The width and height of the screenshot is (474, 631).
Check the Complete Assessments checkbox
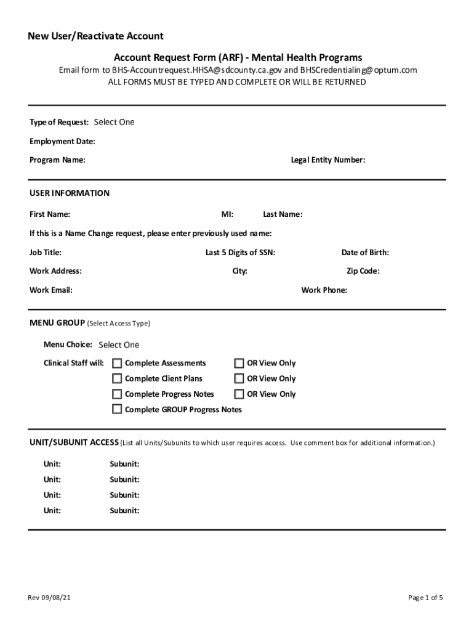(x=117, y=364)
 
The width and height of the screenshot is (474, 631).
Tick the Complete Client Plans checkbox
(x=117, y=379)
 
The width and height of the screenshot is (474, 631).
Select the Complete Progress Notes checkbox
(x=117, y=394)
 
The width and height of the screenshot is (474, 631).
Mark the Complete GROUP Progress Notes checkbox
(x=117, y=410)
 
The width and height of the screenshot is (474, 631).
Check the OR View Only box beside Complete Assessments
(x=239, y=364)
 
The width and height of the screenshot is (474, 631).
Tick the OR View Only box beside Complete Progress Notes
(x=239, y=394)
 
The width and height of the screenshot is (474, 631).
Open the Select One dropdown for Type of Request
(x=114, y=122)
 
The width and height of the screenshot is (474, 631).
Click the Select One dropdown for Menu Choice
(x=119, y=345)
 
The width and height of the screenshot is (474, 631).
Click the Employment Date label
(x=62, y=142)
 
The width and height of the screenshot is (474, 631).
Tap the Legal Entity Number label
(x=328, y=160)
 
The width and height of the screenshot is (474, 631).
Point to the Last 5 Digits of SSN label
(x=240, y=253)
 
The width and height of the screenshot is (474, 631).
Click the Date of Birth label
(x=365, y=253)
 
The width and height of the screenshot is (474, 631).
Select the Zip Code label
(x=363, y=271)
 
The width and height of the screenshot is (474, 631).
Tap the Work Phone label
(x=324, y=290)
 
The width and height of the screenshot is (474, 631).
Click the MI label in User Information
(x=227, y=214)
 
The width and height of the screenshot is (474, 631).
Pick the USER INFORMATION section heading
(x=70, y=193)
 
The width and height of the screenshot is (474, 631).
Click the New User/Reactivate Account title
(x=95, y=36)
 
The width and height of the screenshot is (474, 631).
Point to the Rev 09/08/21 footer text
(x=52, y=598)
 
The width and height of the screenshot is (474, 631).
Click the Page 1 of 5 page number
(x=425, y=598)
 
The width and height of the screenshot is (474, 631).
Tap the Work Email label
(x=51, y=290)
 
